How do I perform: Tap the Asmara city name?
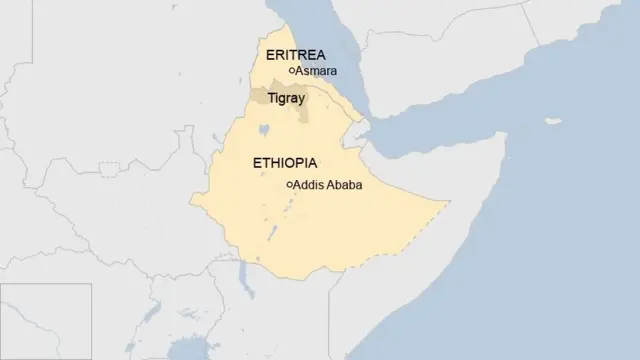316,71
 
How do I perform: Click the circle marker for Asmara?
291,71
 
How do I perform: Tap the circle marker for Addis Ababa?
290,184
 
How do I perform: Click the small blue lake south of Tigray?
266,129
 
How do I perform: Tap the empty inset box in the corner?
45,321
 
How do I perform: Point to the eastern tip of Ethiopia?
447,201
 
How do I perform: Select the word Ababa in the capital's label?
345,184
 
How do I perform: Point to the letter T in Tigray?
270,99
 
